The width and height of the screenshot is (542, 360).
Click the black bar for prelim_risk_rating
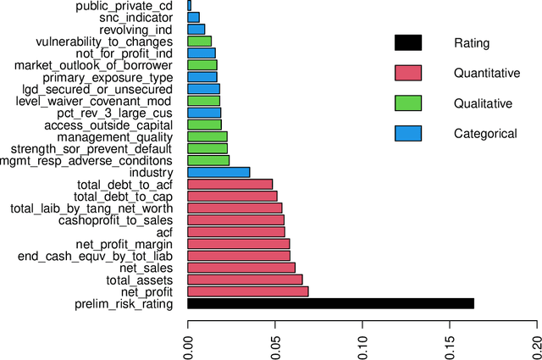tap(330, 303)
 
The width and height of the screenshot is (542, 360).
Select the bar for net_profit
tap(247, 291)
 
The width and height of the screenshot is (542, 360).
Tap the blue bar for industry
tap(218, 172)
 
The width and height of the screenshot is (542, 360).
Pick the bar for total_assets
tap(245, 280)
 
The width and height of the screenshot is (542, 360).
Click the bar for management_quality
tap(207, 136)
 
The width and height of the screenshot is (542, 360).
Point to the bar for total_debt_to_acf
tap(230, 184)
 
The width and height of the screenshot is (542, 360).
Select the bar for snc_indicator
tap(194, 17)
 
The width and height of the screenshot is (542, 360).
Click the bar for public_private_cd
tap(190, 5)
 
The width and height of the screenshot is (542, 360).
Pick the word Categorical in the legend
tap(485, 133)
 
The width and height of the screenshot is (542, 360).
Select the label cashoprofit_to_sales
tap(116, 220)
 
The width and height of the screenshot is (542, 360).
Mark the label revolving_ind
tap(135, 29)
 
